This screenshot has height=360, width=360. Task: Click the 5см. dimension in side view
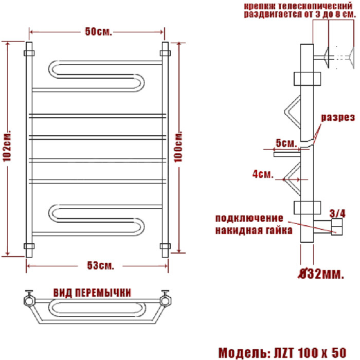[x=286, y=142]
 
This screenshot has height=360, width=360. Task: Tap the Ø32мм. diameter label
[x=322, y=274]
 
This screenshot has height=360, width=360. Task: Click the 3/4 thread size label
[x=337, y=212]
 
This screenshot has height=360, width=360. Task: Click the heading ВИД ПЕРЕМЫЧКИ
[x=92, y=292]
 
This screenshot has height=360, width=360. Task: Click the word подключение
[x=249, y=218]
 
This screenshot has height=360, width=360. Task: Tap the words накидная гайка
[x=254, y=229]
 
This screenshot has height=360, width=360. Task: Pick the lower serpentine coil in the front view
[x=98, y=218]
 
